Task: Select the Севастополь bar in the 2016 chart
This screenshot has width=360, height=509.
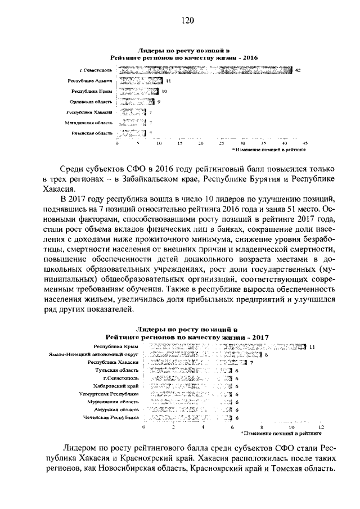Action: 205,70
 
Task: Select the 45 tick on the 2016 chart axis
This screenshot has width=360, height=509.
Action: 305,143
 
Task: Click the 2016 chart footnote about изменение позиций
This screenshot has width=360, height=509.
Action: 269,150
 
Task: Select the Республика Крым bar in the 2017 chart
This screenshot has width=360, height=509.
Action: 225,346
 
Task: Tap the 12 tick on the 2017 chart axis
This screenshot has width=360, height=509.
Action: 321,428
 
